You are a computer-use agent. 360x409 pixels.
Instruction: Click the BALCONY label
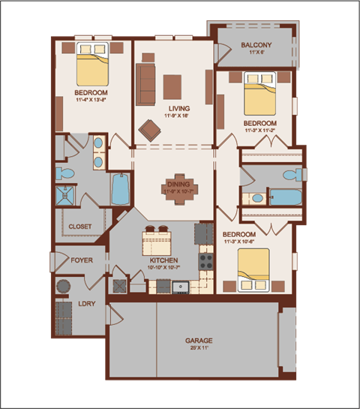(256, 46)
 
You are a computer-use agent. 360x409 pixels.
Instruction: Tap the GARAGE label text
(199, 341)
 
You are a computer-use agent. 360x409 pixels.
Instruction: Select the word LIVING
(179, 109)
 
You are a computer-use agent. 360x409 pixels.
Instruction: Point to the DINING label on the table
(178, 184)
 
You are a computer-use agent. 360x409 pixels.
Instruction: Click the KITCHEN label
(163, 260)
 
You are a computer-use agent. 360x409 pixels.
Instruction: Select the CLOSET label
(80, 226)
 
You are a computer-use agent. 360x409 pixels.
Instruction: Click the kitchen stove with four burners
(206, 262)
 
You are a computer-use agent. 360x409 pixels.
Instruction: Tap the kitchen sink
(181, 286)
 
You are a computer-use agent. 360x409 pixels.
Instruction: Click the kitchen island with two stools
(160, 242)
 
